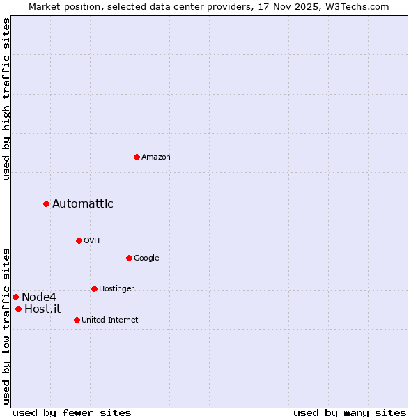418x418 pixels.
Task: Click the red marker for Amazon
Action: (x=137, y=157)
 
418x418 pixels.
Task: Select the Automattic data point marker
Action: (x=46, y=203)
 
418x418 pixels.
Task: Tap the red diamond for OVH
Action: (x=79, y=240)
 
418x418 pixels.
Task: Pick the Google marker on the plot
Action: (x=129, y=258)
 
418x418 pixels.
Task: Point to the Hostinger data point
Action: (x=94, y=288)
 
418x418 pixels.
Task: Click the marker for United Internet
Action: (x=77, y=320)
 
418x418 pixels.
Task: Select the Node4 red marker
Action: (x=15, y=297)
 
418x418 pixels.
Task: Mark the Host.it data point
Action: (x=18, y=309)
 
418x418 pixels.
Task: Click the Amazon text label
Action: (x=156, y=157)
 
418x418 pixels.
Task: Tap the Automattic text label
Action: (x=82, y=204)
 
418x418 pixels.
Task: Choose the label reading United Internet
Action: (x=109, y=320)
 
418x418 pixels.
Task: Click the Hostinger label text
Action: (x=116, y=289)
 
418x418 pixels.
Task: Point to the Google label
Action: (x=146, y=258)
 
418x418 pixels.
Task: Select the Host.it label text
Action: (x=42, y=309)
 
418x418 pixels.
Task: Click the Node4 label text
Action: (x=38, y=297)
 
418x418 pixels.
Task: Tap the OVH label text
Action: (x=91, y=241)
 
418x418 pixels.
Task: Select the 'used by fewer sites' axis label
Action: (x=72, y=412)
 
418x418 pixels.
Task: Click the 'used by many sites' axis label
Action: (x=350, y=412)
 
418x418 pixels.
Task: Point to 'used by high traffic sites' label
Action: (x=6, y=99)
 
